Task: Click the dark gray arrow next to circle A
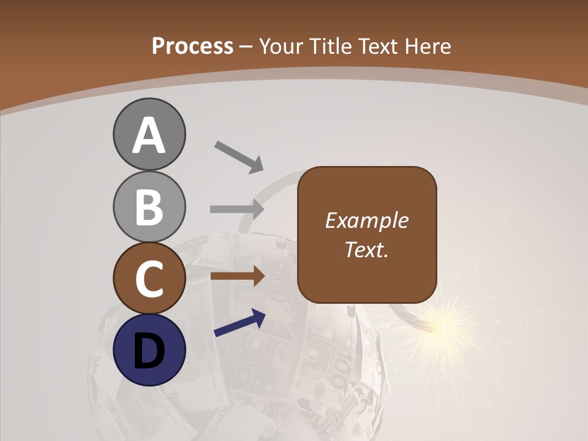tap(239, 156)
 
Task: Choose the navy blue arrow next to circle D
tap(239, 323)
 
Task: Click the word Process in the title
tap(192, 47)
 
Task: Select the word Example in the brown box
tap(366, 221)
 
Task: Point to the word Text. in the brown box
tap(366, 249)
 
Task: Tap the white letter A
tap(149, 135)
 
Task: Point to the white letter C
tap(149, 278)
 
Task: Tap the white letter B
tap(149, 207)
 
